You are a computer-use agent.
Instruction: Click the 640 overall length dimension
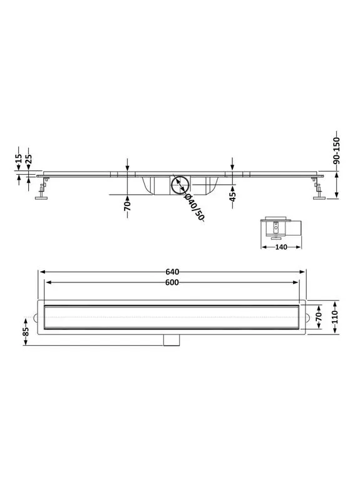(172, 272)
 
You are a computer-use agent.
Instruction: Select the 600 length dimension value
(172, 282)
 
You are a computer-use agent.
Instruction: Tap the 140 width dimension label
(281, 247)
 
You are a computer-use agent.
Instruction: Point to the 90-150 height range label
(336, 150)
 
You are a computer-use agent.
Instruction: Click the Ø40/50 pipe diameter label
(194, 208)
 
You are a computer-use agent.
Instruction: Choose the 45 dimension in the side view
(232, 197)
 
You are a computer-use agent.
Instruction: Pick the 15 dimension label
(19, 158)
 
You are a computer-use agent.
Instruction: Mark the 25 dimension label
(28, 158)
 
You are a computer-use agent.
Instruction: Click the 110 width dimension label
(335, 317)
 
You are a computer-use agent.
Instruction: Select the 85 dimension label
(26, 332)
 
